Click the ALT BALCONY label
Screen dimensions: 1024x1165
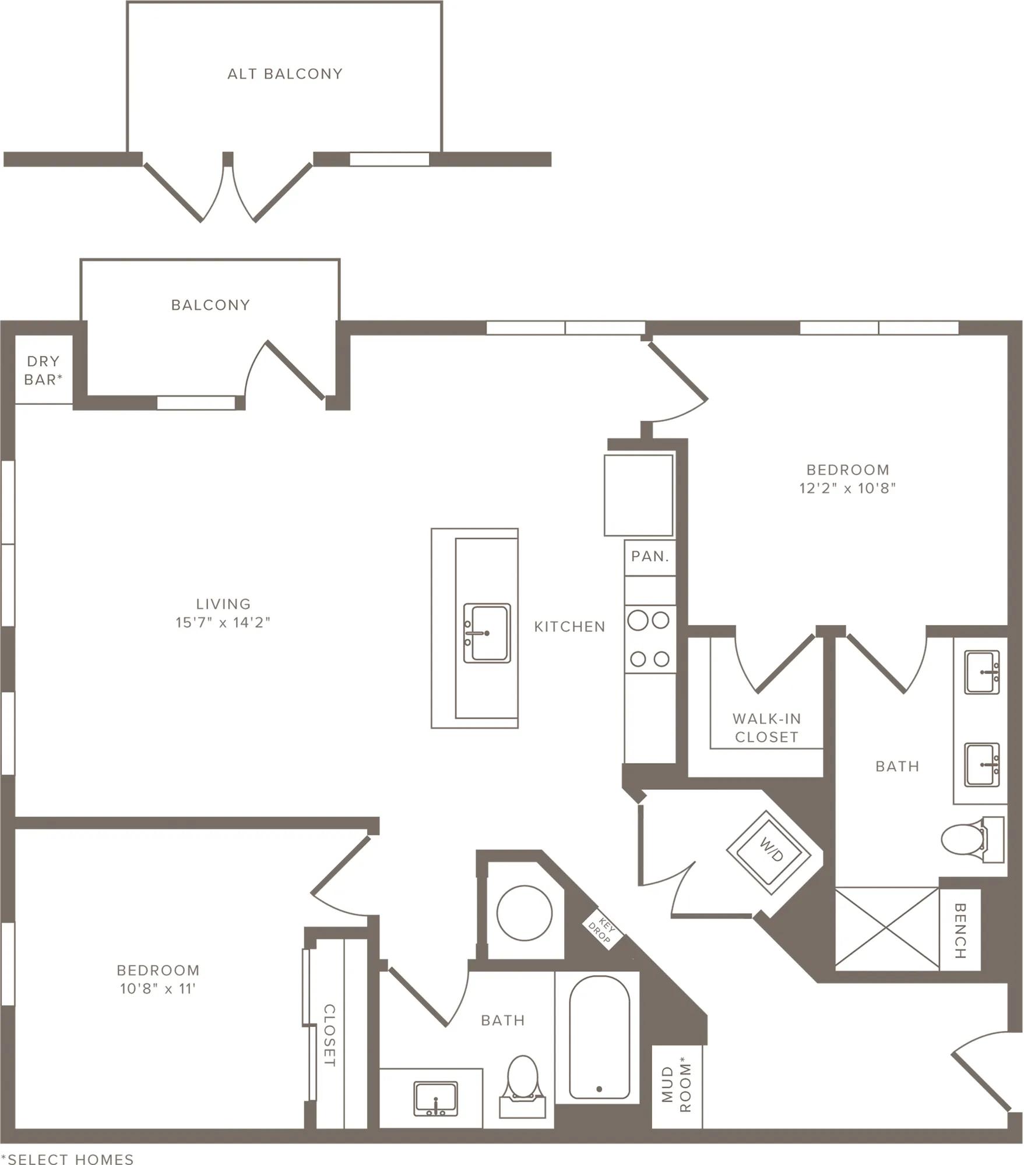pyautogui.click(x=285, y=74)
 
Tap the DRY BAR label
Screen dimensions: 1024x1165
pyautogui.click(x=43, y=370)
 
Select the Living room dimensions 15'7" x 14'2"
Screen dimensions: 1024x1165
pyautogui.click(x=223, y=623)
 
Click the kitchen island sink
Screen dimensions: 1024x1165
pyautogui.click(x=487, y=633)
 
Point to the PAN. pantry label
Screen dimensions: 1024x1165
pyautogui.click(x=650, y=556)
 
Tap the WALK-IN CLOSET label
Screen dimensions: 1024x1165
pyautogui.click(x=766, y=728)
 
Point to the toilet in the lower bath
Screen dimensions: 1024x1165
pyautogui.click(x=523, y=1086)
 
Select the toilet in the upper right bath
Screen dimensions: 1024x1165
pyautogui.click(x=972, y=839)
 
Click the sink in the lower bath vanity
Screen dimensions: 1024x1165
pyautogui.click(x=435, y=1099)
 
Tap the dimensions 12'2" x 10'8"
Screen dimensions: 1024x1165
pyautogui.click(x=847, y=488)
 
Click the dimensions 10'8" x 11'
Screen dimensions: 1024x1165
pyautogui.click(x=158, y=989)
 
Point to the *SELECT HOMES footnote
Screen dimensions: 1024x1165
pyautogui.click(x=67, y=1159)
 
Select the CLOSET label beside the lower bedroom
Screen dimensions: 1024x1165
pyautogui.click(x=330, y=1035)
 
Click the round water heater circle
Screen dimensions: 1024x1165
pyautogui.click(x=525, y=913)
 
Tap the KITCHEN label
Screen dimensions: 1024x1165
pyautogui.click(x=570, y=627)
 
